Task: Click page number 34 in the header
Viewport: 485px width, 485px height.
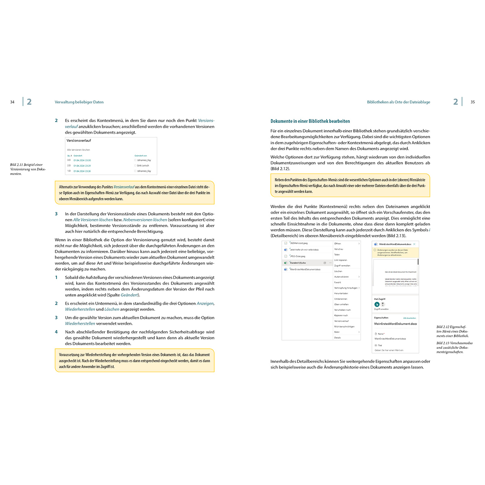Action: pyautogui.click(x=12, y=102)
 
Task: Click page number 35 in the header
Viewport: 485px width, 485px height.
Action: pyautogui.click(x=472, y=102)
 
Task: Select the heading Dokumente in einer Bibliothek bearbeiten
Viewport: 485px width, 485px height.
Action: pyautogui.click(x=310, y=121)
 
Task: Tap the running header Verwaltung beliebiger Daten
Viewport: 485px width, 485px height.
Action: pyautogui.click(x=79, y=102)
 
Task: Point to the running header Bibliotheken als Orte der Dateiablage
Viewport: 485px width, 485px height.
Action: pyautogui.click(x=398, y=102)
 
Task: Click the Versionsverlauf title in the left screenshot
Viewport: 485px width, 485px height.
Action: pyautogui.click(x=79, y=141)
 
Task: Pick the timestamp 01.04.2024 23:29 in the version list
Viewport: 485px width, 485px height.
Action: pyautogui.click(x=82, y=166)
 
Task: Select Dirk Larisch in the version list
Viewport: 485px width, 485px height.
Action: pyautogui.click(x=143, y=166)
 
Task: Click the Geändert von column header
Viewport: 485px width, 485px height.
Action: pyautogui.click(x=141, y=156)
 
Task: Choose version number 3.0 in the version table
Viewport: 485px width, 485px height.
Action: pyautogui.click(x=69, y=160)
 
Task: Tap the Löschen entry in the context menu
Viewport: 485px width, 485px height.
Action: pyautogui.click(x=338, y=271)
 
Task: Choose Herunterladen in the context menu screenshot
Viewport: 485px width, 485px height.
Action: pyautogui.click(x=341, y=293)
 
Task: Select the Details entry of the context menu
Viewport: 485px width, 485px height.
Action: pyautogui.click(x=337, y=337)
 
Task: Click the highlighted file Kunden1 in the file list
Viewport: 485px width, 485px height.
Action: pyautogui.click(x=298, y=263)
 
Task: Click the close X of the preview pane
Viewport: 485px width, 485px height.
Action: pyautogui.click(x=414, y=244)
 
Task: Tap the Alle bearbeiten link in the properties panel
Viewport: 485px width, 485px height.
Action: pyautogui.click(x=409, y=318)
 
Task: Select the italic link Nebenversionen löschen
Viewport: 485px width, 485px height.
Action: pyautogui.click(x=145, y=220)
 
